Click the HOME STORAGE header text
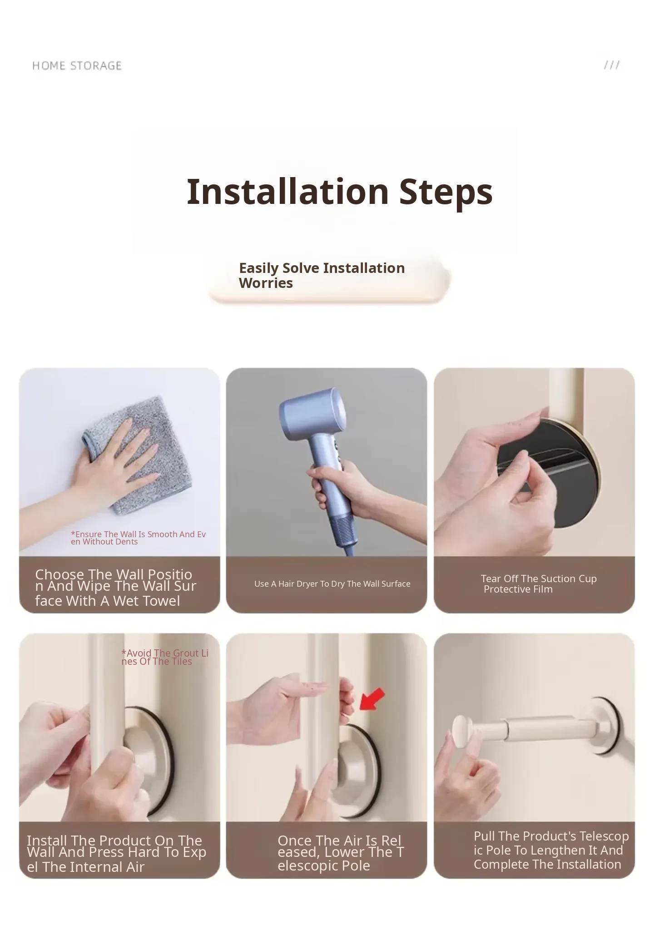click(77, 66)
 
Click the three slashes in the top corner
click(612, 65)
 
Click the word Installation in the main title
click(288, 191)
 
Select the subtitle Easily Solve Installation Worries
click(322, 275)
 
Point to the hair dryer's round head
click(313, 414)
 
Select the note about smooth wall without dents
click(139, 538)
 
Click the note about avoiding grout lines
click(165, 657)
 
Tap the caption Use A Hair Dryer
click(332, 584)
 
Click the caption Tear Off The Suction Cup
click(539, 584)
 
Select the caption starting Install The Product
click(116, 853)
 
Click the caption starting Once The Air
click(341, 853)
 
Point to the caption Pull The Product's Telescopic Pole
click(551, 850)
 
